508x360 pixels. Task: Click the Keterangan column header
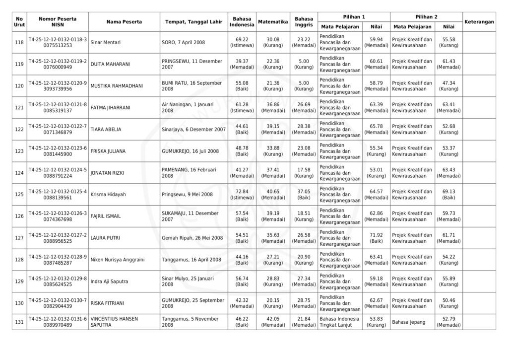(x=479, y=22)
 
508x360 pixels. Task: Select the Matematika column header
(x=273, y=22)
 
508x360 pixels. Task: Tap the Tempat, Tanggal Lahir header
(x=193, y=22)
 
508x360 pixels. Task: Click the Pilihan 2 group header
(x=426, y=17)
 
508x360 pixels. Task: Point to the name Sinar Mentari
(x=106, y=43)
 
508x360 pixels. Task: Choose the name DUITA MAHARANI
(x=110, y=64)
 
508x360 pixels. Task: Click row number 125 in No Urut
(x=19, y=194)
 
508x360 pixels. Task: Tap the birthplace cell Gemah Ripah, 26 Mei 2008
(x=192, y=238)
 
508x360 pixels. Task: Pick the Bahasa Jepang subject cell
(x=408, y=322)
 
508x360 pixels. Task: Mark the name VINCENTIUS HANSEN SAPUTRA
(x=115, y=322)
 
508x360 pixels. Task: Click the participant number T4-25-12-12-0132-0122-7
(x=58, y=126)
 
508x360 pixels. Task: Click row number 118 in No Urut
(x=19, y=43)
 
